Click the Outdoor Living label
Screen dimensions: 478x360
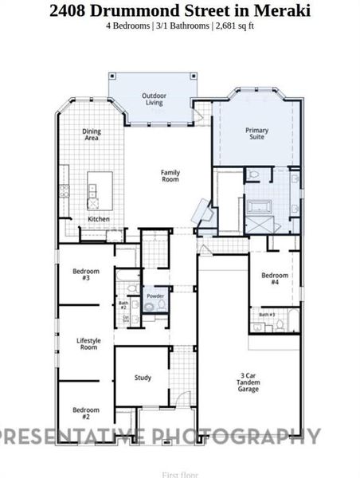(153, 99)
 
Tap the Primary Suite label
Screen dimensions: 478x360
(256, 133)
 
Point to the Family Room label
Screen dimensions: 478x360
(170, 176)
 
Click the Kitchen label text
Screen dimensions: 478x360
(98, 219)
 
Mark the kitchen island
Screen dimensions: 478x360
(102, 189)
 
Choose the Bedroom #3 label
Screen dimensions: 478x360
(86, 274)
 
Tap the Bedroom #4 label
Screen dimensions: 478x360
(274, 279)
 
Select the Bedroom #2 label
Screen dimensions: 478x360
(86, 413)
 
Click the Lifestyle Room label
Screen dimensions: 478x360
(87, 344)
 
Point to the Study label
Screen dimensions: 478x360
(143, 378)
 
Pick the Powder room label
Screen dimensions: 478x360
(155, 296)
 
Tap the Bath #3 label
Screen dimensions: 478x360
(267, 315)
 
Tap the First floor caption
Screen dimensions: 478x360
(179, 474)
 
